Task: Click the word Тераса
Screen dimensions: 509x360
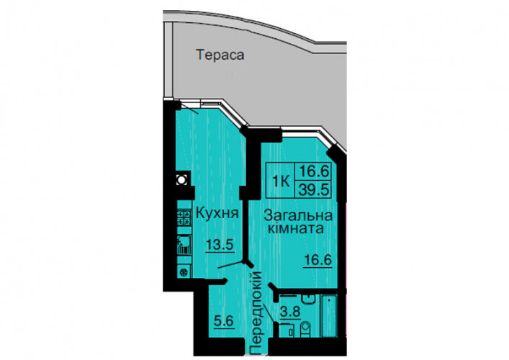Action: click(x=220, y=55)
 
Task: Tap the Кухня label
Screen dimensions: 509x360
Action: click(x=217, y=214)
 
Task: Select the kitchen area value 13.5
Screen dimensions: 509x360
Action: click(x=220, y=245)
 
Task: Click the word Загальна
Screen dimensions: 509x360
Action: click(x=298, y=215)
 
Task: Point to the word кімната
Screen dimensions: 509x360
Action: click(x=295, y=228)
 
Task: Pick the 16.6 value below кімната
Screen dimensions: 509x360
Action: click(x=317, y=260)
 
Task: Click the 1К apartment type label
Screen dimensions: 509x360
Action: click(x=281, y=181)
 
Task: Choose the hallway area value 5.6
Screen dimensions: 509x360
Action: click(x=224, y=321)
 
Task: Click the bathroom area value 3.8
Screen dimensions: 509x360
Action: click(x=290, y=312)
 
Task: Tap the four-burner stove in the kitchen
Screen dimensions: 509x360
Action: click(x=184, y=217)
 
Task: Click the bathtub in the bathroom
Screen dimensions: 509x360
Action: click(x=329, y=315)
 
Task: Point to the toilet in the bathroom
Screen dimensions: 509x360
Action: click(x=305, y=329)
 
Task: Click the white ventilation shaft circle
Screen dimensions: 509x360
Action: click(x=181, y=179)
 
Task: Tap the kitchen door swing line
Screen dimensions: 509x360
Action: click(x=230, y=264)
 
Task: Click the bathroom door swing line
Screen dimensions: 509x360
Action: click(x=269, y=313)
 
